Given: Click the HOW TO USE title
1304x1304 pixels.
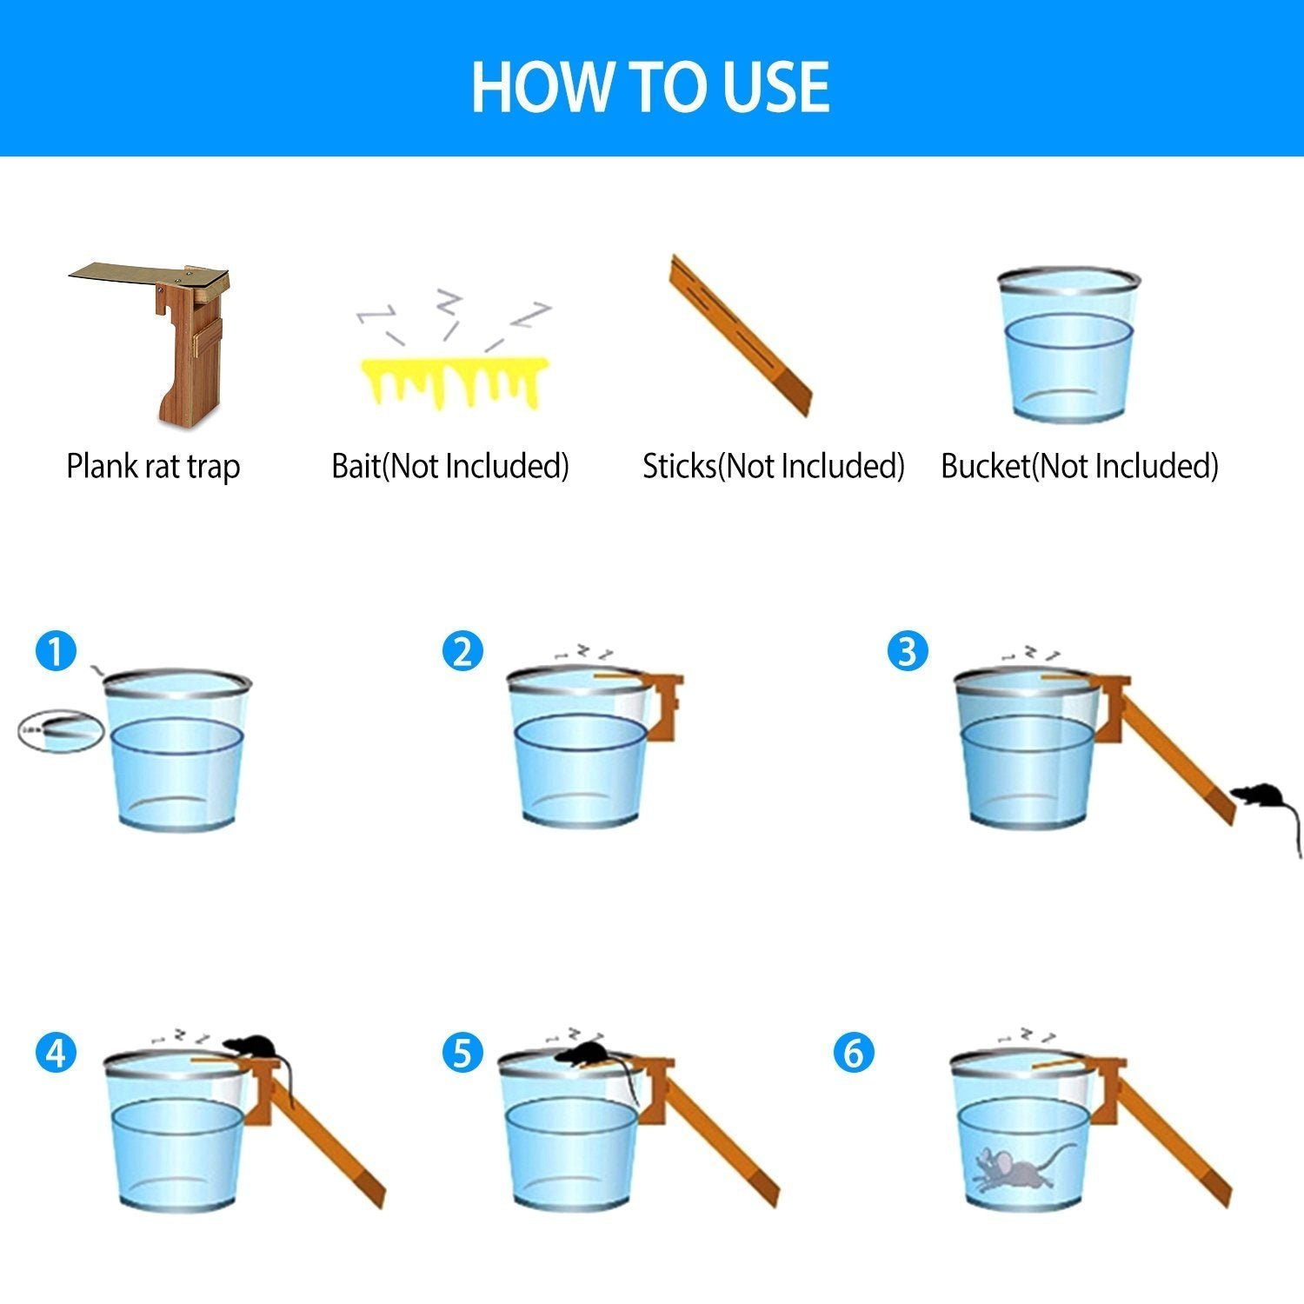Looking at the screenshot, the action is click(650, 87).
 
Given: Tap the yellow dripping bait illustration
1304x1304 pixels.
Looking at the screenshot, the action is click(454, 382).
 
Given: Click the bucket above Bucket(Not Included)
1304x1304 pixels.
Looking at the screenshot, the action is click(1068, 345).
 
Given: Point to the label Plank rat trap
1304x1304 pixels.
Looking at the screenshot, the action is click(153, 467).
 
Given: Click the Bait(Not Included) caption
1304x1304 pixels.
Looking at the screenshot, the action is click(450, 467).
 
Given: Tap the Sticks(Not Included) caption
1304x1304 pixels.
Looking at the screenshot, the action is click(774, 467).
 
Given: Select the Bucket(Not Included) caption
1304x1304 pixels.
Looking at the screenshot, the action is click(1080, 467).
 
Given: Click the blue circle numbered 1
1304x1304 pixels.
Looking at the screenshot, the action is click(57, 651).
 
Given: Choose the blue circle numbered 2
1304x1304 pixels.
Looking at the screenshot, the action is click(462, 651).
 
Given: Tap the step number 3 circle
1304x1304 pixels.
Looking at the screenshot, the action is click(908, 651).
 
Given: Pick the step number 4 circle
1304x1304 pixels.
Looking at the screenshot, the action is click(57, 1054).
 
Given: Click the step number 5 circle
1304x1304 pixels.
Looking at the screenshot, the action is click(462, 1054).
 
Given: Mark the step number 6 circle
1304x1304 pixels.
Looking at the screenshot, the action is click(854, 1054).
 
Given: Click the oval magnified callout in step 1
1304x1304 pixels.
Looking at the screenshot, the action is click(61, 730).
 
